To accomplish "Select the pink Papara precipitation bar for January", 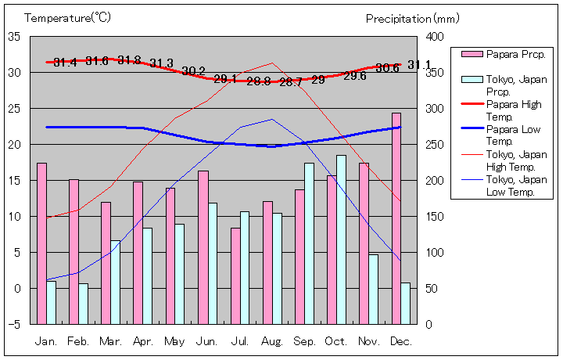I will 41,243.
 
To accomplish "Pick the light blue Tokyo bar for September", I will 309,243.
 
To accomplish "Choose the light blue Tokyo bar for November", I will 373,289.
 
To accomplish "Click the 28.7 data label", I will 291,81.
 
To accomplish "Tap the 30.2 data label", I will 193,71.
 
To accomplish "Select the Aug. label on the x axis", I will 272,341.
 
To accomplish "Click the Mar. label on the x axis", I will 110,341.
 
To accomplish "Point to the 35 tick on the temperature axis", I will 14,37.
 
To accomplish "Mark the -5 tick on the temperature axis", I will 14,324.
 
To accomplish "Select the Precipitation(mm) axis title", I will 409,18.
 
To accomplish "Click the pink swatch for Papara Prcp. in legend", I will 472,54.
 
